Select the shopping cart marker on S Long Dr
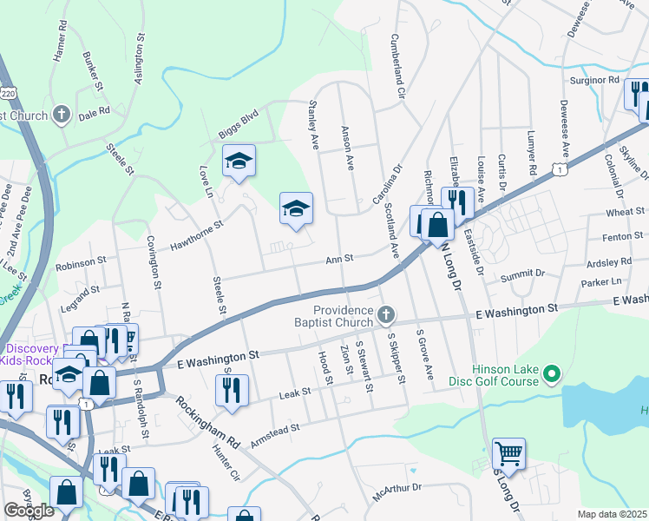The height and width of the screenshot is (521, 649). point(508,452)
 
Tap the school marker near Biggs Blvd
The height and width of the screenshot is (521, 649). point(239,161)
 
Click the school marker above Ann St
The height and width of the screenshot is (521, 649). point(296,208)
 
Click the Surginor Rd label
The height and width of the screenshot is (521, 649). point(594,80)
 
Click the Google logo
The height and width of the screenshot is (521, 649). point(29,511)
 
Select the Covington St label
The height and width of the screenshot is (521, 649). point(156,261)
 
